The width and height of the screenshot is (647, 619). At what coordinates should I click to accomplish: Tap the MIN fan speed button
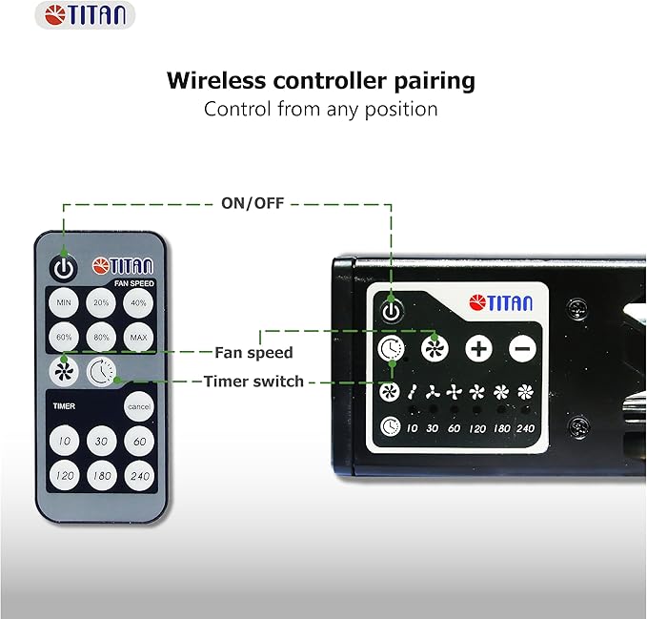(64, 302)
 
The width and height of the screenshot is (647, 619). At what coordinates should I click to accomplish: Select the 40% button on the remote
(138, 302)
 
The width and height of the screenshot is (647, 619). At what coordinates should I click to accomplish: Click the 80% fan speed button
(101, 337)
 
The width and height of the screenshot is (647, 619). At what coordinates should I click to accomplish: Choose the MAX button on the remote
(138, 337)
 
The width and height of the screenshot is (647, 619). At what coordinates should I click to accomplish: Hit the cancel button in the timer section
(139, 406)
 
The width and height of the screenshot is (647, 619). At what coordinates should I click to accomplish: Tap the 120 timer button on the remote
(65, 476)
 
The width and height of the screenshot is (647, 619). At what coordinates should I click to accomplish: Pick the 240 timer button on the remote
(139, 476)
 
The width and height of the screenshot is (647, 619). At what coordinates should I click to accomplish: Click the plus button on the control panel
(478, 349)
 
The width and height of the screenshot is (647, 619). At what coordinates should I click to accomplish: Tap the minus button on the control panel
(522, 349)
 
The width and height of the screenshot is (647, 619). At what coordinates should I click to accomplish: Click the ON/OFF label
(253, 203)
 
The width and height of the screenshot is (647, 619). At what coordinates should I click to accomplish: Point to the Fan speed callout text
(253, 353)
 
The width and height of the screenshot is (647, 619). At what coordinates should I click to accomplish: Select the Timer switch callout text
(253, 382)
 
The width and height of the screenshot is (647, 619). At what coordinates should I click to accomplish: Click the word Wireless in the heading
(216, 80)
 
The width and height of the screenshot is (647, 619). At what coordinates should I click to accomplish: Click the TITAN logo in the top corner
(85, 15)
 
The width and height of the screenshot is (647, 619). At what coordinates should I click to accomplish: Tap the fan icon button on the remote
(64, 371)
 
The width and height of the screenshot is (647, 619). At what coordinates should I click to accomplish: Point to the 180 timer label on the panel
(502, 428)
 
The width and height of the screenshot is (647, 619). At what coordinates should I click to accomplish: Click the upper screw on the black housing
(576, 308)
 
